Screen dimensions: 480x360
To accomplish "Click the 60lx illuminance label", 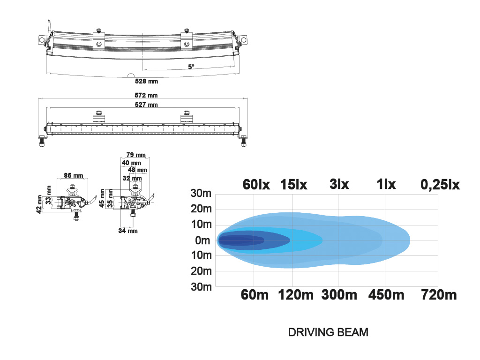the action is (x=256, y=185).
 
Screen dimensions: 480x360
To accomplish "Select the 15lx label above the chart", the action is (x=293, y=185).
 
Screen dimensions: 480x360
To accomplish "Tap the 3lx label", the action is (x=339, y=184).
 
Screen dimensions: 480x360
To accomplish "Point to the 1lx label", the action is (x=386, y=184).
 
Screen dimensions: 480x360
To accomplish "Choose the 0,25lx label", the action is (x=440, y=185).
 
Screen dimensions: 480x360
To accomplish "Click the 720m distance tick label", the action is (x=439, y=295).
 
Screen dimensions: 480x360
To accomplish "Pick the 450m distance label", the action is (x=386, y=295).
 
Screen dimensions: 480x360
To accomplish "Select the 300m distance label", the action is (x=339, y=295).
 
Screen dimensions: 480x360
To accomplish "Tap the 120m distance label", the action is (x=296, y=295).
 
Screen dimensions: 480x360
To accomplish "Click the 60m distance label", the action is (x=255, y=295).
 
